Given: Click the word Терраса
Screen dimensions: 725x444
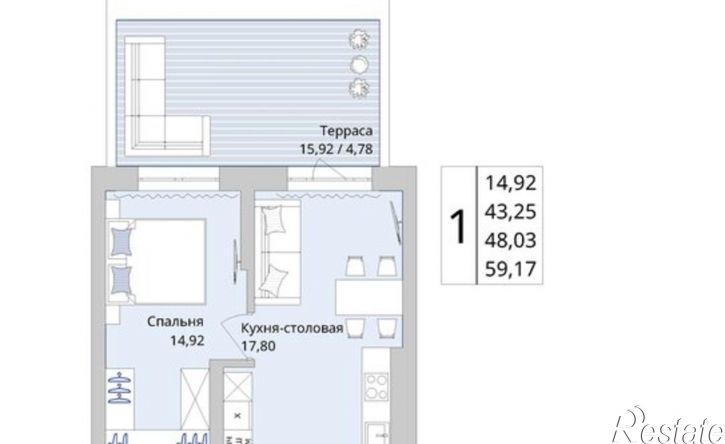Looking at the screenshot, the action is pos(346,131).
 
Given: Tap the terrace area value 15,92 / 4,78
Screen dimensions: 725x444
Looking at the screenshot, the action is pos(336,149).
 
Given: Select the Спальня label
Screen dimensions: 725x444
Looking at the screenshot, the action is pos(175,322).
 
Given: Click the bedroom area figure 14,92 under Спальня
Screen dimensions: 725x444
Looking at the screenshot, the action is pos(187,341).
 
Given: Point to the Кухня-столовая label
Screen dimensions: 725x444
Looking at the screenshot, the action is pos(292,328).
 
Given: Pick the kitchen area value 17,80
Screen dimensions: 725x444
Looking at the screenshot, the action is pos(258,345).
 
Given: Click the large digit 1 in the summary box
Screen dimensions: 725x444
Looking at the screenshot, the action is pos(458,226).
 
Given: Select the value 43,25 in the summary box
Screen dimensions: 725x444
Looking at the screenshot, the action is pos(510,212).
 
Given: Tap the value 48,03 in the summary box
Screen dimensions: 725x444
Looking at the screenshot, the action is pos(510,240).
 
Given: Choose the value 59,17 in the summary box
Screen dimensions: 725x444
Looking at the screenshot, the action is pos(510,269).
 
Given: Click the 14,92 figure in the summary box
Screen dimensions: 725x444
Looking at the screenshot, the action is pos(510,183).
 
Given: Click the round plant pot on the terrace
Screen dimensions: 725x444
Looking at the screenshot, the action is pos(358,64).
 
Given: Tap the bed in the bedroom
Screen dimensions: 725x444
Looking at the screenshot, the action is pos(156,262).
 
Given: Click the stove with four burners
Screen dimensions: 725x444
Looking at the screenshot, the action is pos(376,388).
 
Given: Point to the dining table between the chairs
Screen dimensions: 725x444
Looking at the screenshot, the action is pos(369,296).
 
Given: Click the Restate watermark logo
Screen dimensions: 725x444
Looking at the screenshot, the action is pos(668,426).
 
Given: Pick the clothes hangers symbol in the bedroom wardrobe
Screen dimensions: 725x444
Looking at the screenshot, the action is pos(120,388).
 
